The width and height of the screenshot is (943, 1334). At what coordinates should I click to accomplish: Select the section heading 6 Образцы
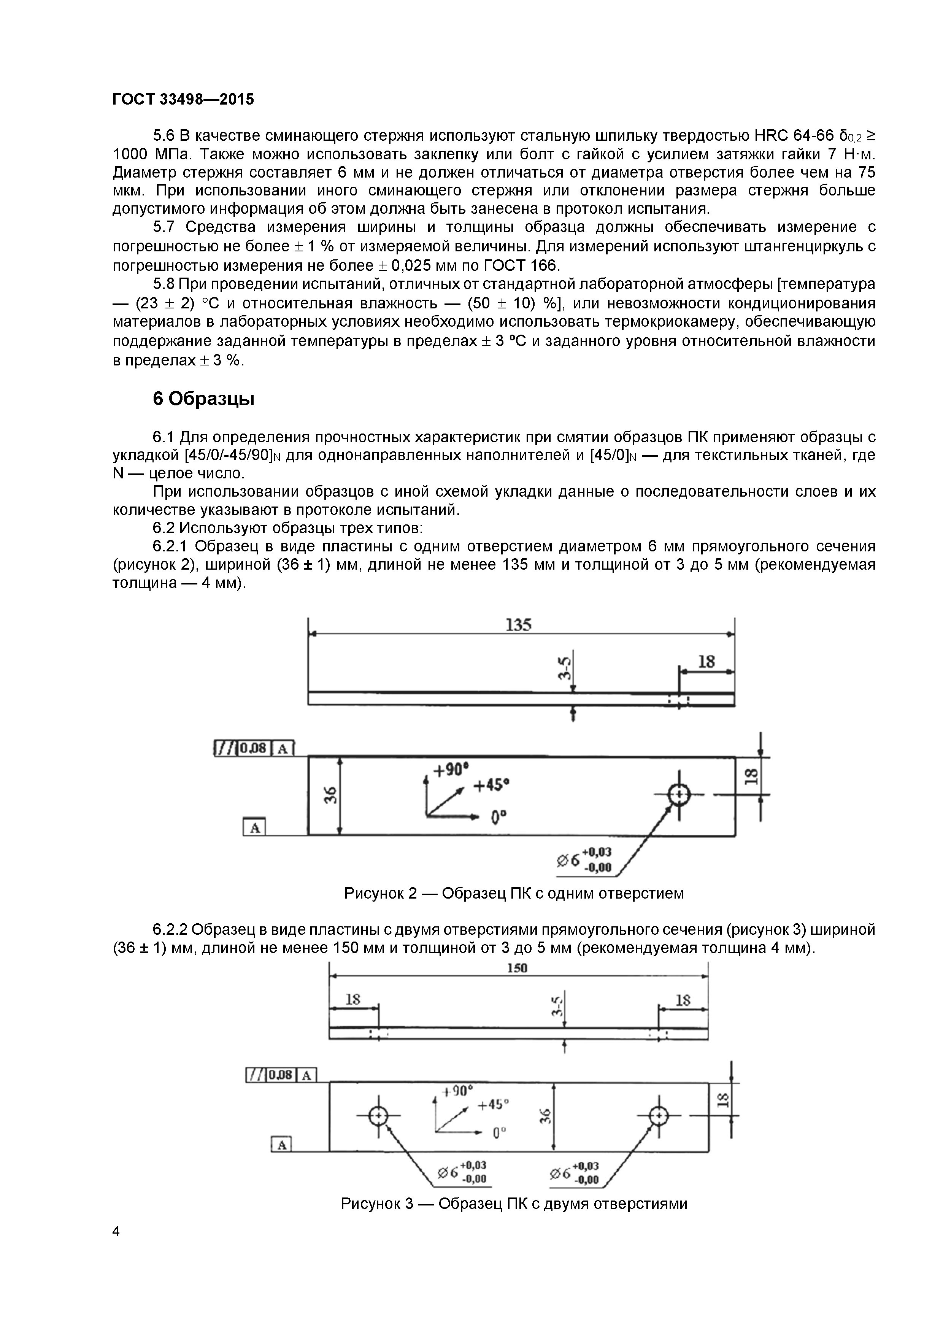203,399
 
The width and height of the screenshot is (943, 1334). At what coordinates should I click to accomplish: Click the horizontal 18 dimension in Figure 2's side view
706,661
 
